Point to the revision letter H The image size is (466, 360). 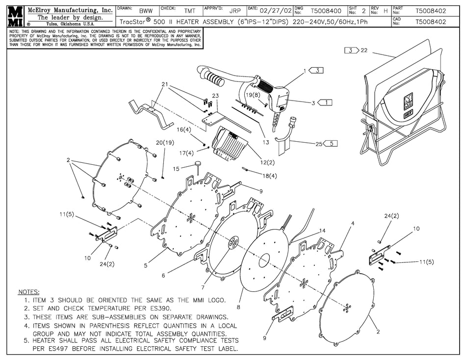tap(385, 10)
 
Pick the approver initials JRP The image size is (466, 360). tap(235, 10)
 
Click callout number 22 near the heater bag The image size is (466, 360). tap(364, 50)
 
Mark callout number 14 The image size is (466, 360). tap(322, 230)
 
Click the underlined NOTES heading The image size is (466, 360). tap(28, 292)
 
